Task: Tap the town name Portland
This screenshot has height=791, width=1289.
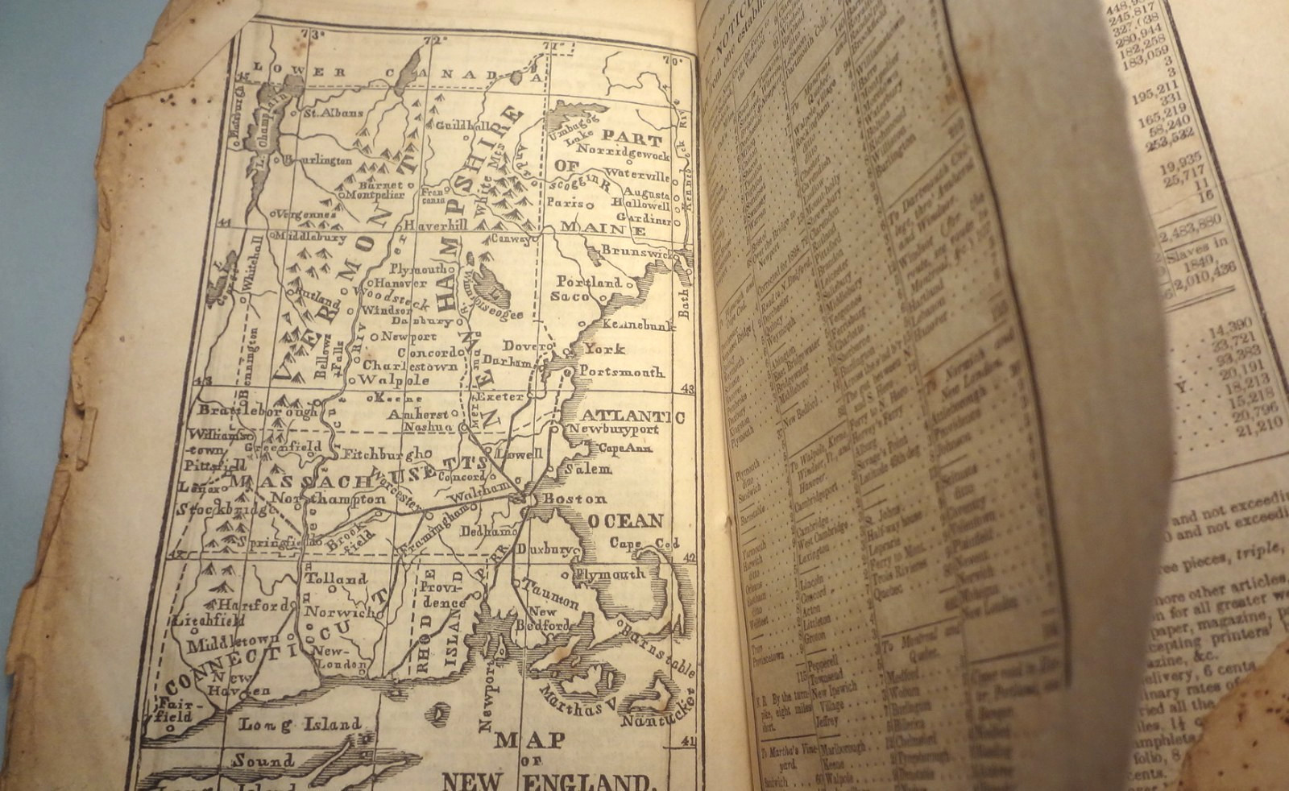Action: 590,282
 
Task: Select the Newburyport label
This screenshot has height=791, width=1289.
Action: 624,429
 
